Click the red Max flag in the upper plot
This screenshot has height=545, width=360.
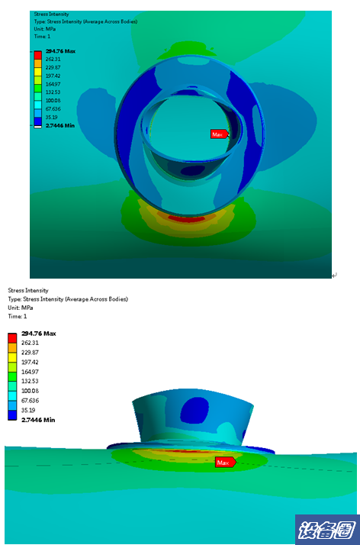220,134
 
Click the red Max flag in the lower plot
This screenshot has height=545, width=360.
225,463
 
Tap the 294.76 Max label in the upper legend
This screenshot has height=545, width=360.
60,51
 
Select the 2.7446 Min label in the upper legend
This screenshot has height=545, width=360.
60,125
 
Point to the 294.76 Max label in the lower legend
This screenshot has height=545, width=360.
39,334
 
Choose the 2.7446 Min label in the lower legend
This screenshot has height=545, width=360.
38,420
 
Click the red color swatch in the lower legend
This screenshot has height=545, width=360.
12,338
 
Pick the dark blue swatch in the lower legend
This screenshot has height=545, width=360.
12,415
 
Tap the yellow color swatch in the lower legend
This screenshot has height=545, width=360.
12,357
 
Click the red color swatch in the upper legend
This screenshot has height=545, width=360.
38,55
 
